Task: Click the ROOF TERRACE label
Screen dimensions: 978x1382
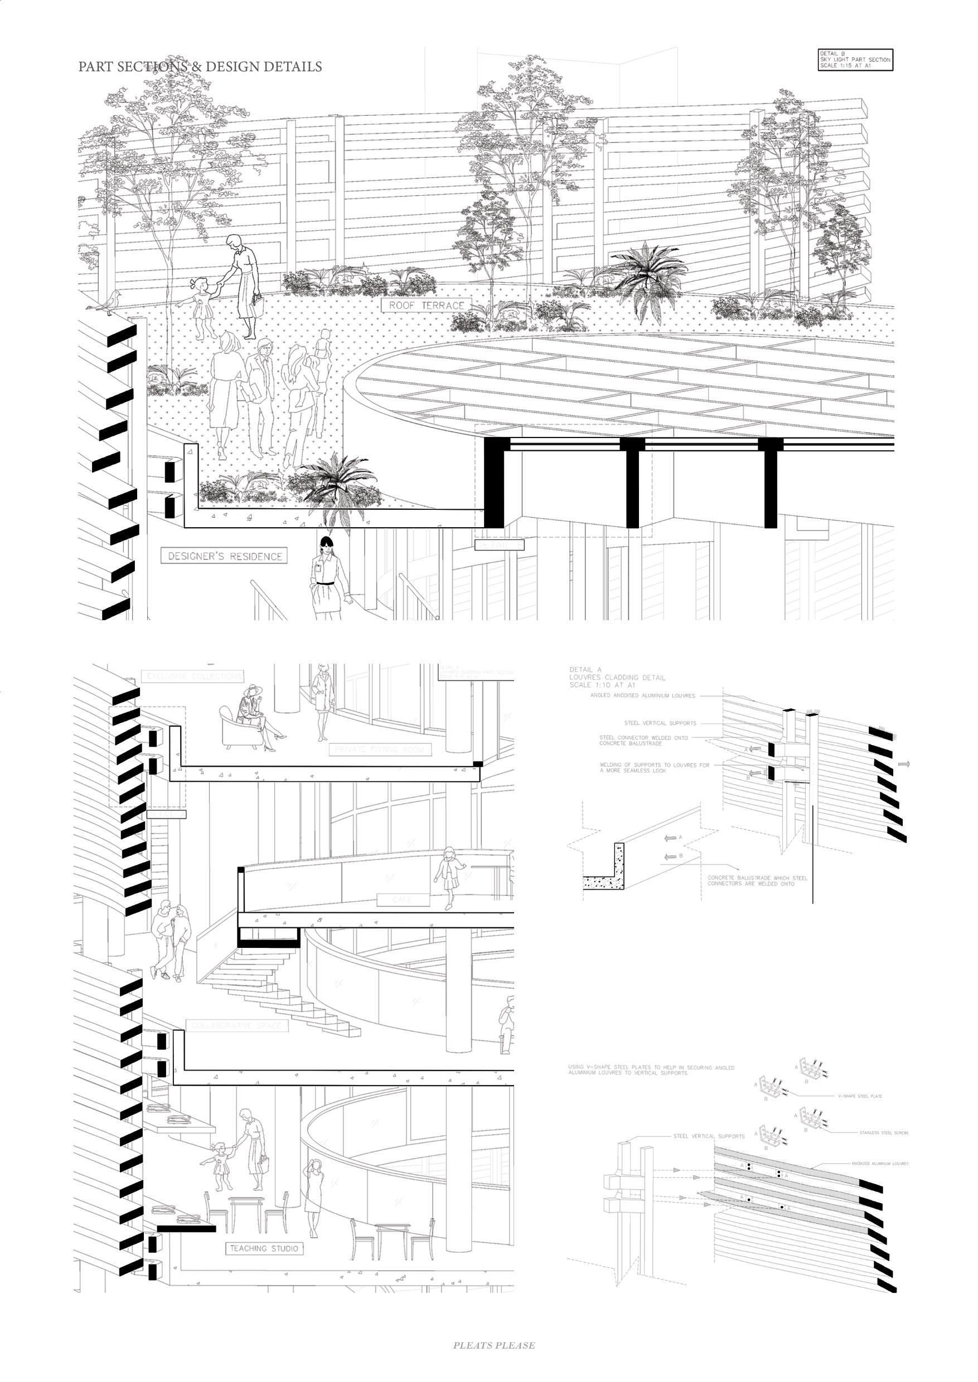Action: (x=427, y=305)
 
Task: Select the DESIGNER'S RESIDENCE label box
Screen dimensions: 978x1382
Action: (x=224, y=556)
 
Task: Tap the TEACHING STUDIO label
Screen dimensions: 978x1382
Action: (x=263, y=1248)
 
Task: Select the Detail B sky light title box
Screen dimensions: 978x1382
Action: (x=855, y=60)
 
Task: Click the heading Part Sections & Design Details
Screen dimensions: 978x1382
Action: (x=200, y=67)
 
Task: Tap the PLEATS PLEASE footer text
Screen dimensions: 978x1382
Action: (x=494, y=1345)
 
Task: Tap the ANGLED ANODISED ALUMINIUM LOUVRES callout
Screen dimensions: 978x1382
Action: (x=642, y=695)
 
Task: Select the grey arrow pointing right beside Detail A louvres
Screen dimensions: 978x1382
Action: (x=904, y=764)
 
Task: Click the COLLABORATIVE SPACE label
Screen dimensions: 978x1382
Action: (x=236, y=1025)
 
